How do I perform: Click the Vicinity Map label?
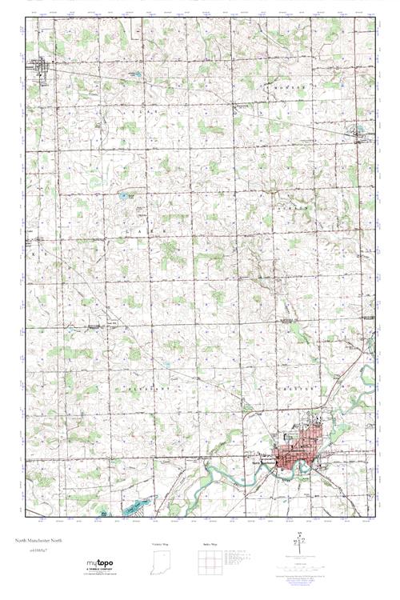(x=162, y=544)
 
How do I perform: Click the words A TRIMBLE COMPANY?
(x=98, y=569)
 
